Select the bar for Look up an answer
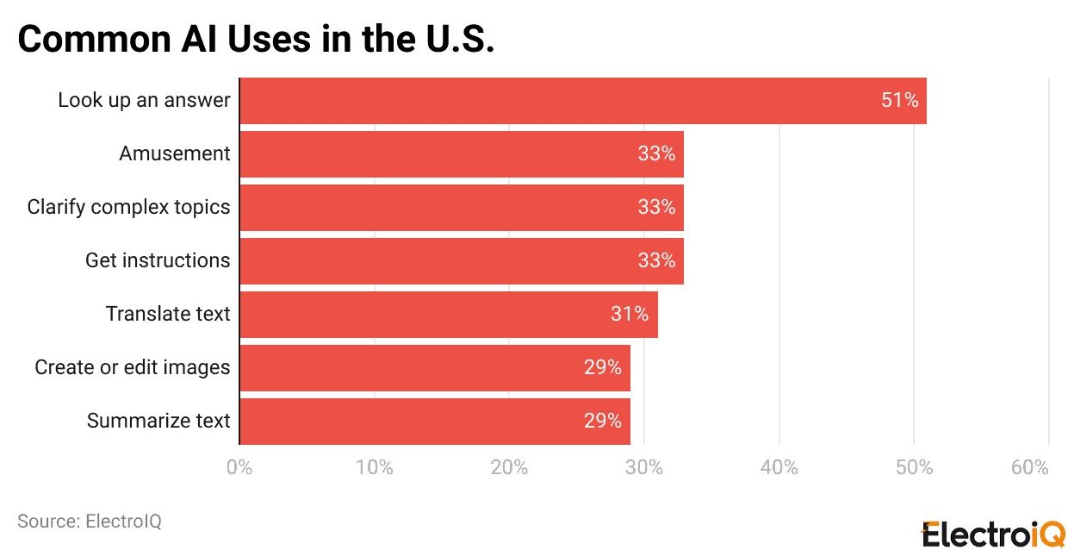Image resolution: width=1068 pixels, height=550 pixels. (x=582, y=101)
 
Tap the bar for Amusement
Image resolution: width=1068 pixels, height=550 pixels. (x=461, y=154)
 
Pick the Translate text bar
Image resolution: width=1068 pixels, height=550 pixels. (x=448, y=315)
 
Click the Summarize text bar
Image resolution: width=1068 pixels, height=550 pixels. (x=434, y=422)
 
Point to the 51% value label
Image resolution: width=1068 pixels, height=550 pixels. (x=899, y=101)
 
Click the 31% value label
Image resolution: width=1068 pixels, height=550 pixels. (x=630, y=315)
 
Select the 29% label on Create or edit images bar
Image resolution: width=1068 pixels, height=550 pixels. (x=602, y=368)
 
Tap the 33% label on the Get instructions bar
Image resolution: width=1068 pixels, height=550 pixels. (x=656, y=261)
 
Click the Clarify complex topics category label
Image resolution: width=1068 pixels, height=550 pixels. (x=128, y=208)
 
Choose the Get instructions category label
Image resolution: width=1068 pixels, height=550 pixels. (x=158, y=261)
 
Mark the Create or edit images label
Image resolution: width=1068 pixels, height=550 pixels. (x=132, y=368)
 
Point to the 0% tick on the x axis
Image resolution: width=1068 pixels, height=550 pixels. (x=239, y=468)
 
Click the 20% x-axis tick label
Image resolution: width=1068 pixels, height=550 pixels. (x=509, y=468)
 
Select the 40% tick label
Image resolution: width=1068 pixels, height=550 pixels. (x=779, y=468)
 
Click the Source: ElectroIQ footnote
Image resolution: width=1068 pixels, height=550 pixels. (x=90, y=522)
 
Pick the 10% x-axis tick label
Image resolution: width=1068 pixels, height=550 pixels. (x=374, y=468)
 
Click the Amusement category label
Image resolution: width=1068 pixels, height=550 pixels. (x=175, y=154)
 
